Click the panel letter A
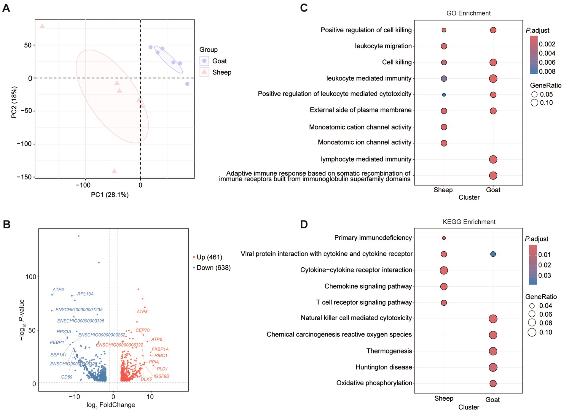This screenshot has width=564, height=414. [6, 8]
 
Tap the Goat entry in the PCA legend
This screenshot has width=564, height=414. [219, 61]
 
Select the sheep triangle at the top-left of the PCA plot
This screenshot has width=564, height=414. [42, 26]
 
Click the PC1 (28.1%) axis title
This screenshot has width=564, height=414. [109, 195]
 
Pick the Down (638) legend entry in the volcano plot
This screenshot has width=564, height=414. [213, 268]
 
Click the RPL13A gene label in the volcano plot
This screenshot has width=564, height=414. [85, 294]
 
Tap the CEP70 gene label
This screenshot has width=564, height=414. [142, 330]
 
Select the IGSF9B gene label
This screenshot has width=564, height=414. [161, 376]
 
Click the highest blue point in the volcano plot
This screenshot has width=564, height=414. [79, 236]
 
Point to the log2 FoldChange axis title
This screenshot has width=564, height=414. [111, 405]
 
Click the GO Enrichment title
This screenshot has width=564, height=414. [468, 13]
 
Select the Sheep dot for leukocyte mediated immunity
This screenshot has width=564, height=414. [444, 79]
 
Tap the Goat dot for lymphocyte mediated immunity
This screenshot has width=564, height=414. [493, 159]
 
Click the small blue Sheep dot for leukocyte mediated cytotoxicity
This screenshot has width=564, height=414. [444, 95]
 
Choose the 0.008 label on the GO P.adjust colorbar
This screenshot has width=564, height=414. [547, 72]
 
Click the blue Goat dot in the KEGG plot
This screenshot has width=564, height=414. [493, 254]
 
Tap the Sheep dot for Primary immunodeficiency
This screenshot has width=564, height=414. [444, 238]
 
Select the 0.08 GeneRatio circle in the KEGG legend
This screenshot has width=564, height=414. [532, 323]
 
